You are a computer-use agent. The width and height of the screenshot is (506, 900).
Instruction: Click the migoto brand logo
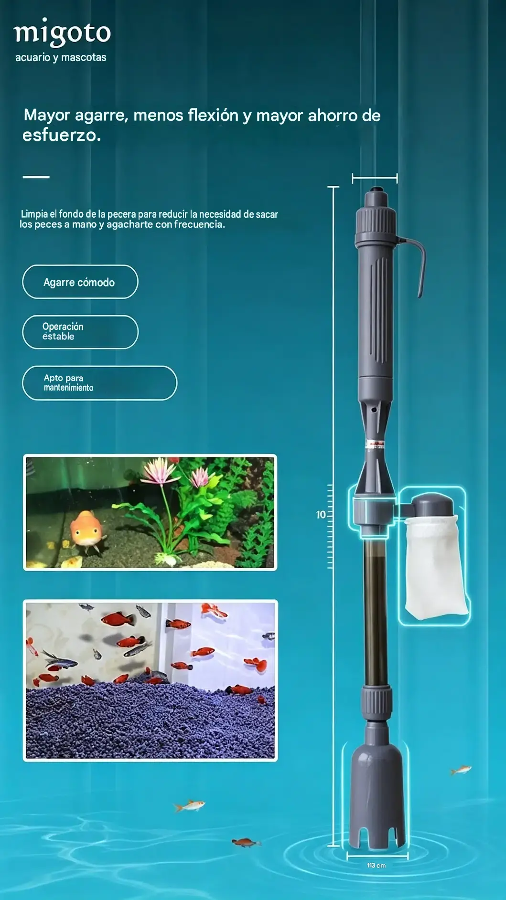[62, 32]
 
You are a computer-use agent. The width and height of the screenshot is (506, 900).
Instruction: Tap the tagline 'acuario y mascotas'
[61, 57]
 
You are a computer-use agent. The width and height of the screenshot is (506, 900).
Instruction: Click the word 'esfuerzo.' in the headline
[62, 135]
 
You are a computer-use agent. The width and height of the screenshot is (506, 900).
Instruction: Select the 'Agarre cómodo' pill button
[80, 282]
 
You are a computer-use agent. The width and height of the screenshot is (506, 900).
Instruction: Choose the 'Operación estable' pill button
[80, 332]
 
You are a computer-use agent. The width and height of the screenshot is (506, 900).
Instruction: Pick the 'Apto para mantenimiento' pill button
[99, 383]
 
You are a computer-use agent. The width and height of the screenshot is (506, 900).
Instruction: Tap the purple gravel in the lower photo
[150, 721]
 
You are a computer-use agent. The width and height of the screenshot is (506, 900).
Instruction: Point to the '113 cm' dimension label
[377, 865]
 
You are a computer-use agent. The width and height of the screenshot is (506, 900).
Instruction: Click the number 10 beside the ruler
[321, 515]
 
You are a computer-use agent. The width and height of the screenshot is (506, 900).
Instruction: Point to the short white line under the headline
[36, 177]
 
